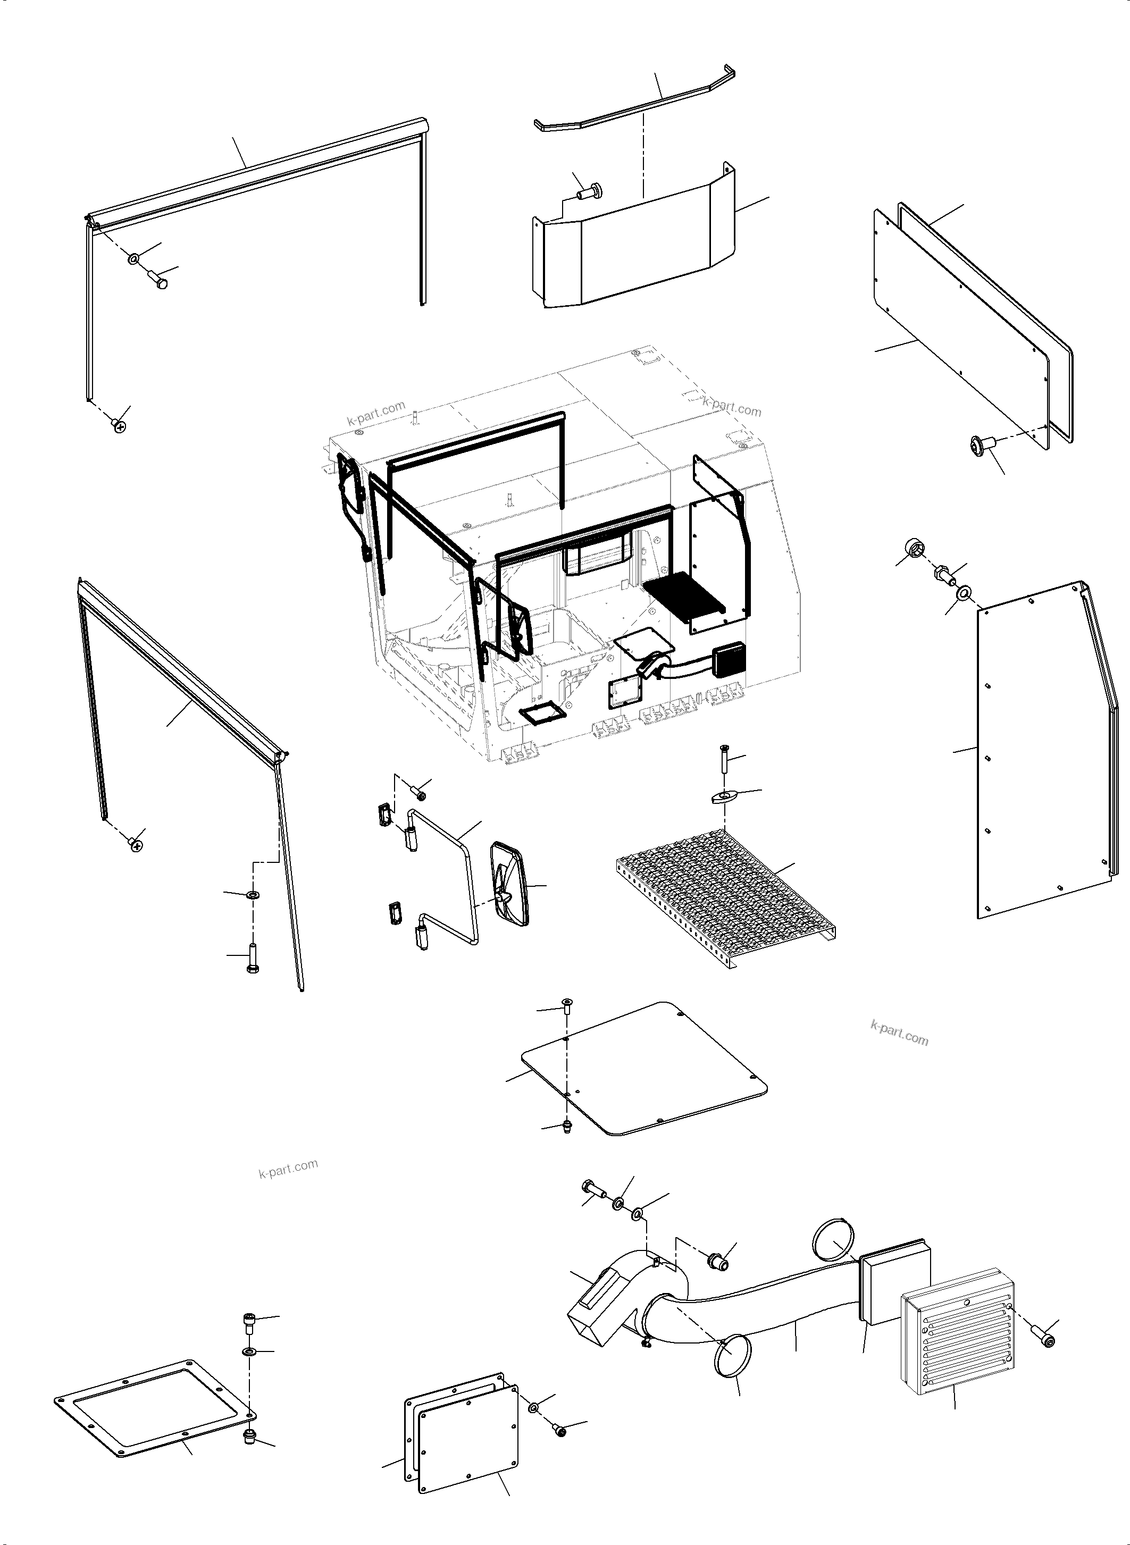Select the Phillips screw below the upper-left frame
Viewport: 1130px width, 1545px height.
tap(120, 427)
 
